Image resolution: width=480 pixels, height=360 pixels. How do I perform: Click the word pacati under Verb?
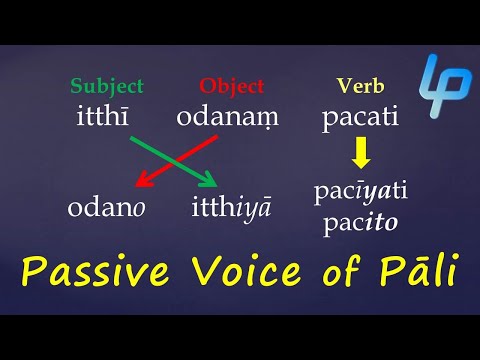click(x=360, y=118)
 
